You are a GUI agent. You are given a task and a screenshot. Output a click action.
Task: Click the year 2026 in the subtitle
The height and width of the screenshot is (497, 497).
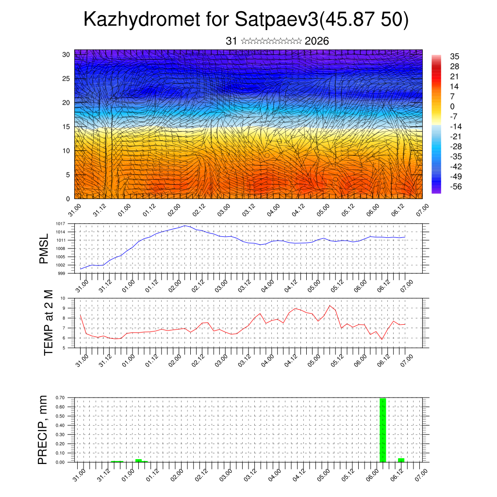pos(317,41)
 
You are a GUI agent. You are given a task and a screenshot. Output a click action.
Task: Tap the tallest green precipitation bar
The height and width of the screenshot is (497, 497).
pos(382,430)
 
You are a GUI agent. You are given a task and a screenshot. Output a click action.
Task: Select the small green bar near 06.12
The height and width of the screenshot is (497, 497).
pos(401,460)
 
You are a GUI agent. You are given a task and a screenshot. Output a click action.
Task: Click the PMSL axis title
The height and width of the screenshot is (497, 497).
pos(44,249)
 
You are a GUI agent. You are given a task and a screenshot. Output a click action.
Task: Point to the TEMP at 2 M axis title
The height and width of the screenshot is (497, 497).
pos(48,323)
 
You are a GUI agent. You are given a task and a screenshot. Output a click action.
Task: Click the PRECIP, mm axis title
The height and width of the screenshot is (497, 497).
pos(44,430)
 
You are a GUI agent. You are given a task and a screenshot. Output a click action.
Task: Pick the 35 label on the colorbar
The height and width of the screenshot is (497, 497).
pos(455,56)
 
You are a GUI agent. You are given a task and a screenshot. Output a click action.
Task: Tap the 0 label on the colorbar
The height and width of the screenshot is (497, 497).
pos(452,106)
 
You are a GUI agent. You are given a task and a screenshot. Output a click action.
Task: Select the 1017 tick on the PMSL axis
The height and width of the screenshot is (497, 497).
pos(60,224)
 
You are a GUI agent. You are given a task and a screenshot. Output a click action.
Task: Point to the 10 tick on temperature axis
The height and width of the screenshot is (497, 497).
pos(63,298)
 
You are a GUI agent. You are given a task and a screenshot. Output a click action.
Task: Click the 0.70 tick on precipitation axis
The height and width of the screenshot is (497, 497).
pos(60,398)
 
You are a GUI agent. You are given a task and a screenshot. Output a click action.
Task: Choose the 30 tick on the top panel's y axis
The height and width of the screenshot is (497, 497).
pos(66,54)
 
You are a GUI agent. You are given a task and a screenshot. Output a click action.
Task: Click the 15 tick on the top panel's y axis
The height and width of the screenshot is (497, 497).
pos(66,127)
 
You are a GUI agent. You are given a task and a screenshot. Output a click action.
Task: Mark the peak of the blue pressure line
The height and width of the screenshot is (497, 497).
pos(185,226)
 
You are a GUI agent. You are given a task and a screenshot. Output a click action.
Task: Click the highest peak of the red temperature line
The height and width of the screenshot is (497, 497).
pos(330,305)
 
